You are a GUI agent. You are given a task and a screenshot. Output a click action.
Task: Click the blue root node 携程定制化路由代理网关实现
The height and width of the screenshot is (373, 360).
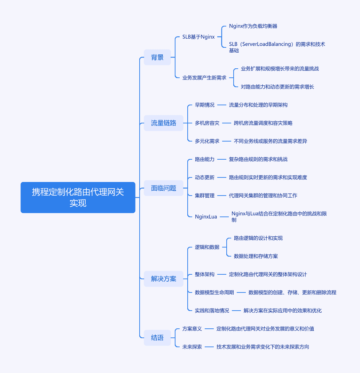tap(78, 197)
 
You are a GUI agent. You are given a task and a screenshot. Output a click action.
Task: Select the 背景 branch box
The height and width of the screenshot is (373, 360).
tap(157, 57)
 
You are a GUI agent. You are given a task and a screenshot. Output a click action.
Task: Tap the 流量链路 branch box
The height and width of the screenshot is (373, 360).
tap(164, 123)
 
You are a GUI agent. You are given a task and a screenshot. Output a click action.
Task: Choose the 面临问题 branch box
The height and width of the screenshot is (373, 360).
tap(164, 188)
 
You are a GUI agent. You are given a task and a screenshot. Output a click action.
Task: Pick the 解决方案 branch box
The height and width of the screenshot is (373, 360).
tap(164, 279)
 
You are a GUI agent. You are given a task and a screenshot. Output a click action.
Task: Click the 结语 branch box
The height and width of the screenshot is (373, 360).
tap(157, 338)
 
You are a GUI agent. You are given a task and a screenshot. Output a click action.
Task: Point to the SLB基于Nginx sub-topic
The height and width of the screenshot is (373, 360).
tap(198, 37)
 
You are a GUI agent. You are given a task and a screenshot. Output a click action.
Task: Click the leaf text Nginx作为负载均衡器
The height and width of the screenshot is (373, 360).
tap(253, 26)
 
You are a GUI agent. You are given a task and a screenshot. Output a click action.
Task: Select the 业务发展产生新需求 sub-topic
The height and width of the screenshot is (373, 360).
tap(204, 78)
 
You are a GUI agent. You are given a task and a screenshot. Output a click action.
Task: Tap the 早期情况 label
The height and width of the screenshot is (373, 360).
tap(205, 105)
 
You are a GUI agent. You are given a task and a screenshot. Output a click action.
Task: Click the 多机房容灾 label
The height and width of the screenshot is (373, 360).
tap(207, 123)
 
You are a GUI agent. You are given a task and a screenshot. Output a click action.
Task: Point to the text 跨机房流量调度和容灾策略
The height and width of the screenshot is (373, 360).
tap(263, 123)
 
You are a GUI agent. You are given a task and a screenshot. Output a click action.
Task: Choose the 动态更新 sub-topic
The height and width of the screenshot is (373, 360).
tap(205, 177)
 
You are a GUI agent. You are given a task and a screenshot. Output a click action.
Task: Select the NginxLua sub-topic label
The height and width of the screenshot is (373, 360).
tap(206, 217)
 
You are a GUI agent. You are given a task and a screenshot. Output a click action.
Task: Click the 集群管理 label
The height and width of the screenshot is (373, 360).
tap(205, 196)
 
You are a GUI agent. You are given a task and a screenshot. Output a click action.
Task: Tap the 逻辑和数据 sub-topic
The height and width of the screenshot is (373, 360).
tap(207, 247)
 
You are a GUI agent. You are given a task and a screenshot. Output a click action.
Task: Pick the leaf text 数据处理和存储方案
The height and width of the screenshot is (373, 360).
tap(256, 256)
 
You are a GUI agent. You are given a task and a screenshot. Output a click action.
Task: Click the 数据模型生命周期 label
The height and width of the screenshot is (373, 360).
tap(214, 292)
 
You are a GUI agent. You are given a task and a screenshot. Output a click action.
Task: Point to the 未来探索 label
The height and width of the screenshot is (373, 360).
tap(192, 347)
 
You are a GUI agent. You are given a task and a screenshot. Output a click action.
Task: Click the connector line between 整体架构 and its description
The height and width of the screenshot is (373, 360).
tap(222, 274)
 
